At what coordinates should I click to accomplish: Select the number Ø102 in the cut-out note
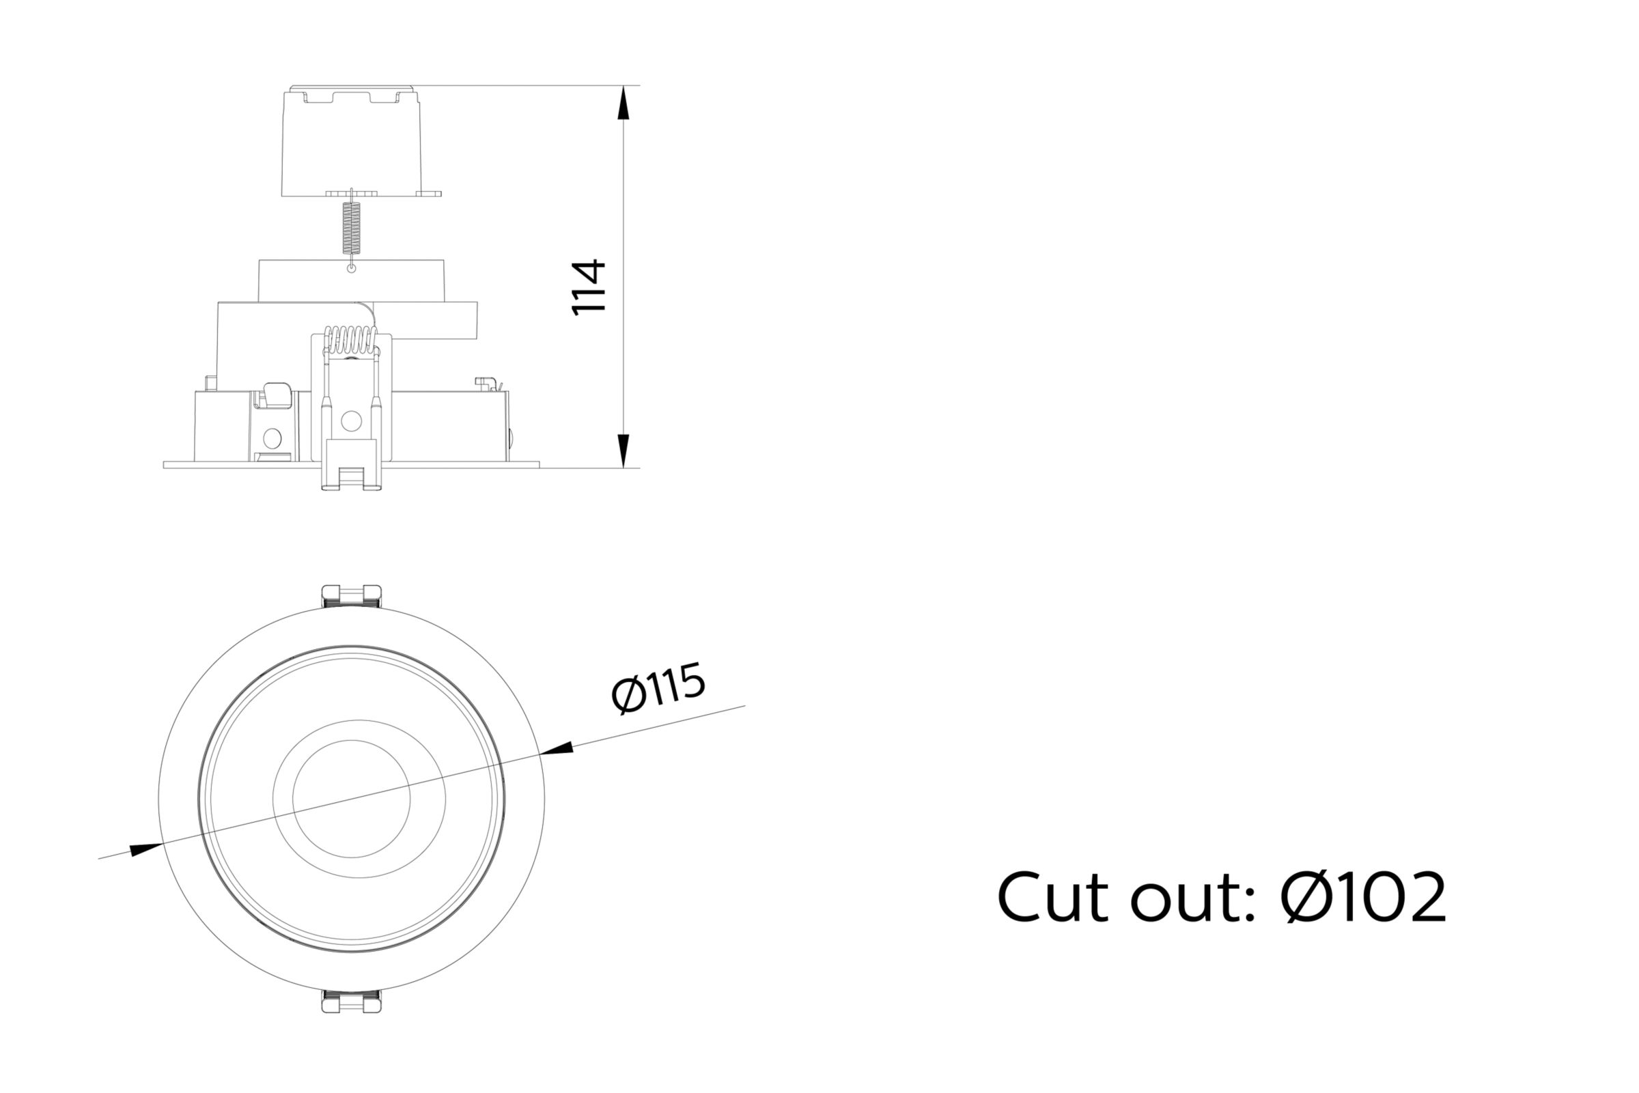[1363, 898]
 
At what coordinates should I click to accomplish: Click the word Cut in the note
[1052, 898]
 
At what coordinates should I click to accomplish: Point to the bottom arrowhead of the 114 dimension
[624, 451]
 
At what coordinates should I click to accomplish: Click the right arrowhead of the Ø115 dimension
[557, 750]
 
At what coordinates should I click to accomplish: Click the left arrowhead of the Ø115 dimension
[146, 850]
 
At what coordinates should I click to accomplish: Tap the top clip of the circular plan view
[352, 596]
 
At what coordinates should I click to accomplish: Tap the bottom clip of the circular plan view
[352, 1002]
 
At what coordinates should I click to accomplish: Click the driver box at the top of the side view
[352, 143]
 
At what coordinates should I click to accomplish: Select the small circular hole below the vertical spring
[352, 268]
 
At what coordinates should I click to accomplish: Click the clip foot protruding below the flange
[352, 477]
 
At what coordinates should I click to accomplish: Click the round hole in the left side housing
[272, 438]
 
